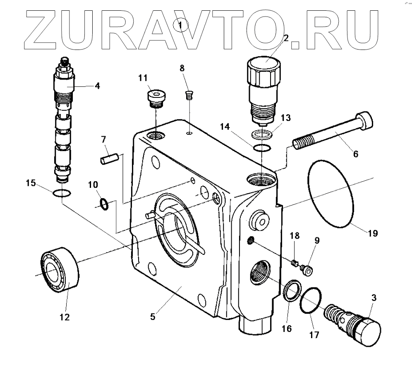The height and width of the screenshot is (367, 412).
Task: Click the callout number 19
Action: point(372,233)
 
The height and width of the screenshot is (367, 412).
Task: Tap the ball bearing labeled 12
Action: point(60,270)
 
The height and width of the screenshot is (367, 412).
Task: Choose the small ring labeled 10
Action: point(105,203)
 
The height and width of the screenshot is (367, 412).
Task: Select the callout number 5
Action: point(153,317)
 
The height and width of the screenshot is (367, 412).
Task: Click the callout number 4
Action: point(97,86)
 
